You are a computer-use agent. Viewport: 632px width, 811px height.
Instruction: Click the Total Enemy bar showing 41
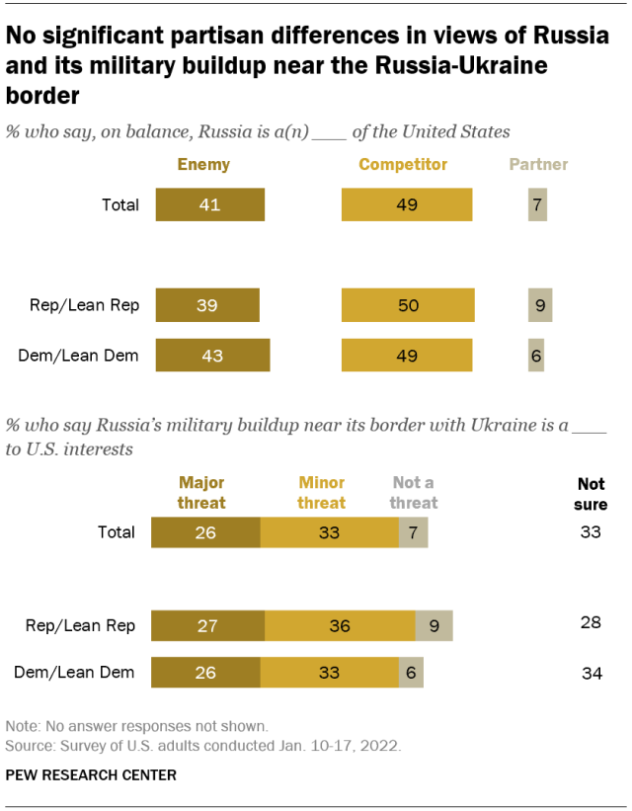pos(208,205)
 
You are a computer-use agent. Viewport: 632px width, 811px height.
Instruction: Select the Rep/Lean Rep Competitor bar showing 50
pos(408,305)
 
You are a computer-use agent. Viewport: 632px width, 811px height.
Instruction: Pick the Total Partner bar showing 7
pos(537,205)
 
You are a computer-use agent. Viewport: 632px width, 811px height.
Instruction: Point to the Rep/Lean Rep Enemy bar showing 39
pos(206,305)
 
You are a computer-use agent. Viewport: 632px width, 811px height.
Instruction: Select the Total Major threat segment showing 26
pos(205,531)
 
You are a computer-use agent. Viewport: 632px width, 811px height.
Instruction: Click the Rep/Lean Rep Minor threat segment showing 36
pos(340,625)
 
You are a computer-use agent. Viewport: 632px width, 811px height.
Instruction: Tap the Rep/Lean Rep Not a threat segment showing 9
pos(434,625)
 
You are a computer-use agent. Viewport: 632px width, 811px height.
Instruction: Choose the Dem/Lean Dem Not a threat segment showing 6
pos(411,673)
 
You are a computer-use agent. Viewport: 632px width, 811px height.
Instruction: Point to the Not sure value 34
pos(591,674)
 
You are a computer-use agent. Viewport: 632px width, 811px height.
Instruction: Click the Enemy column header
pos(203,165)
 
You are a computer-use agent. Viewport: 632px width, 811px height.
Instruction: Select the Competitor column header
pos(403,165)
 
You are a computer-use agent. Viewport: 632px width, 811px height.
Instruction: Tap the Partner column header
pos(538,165)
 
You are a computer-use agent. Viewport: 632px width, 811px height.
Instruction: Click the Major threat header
pos(201,492)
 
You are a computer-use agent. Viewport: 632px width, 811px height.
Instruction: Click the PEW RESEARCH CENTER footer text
pos(91,775)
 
